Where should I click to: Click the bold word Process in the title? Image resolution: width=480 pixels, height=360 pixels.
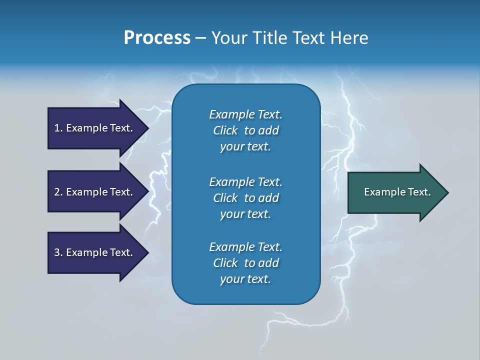[x=157, y=38]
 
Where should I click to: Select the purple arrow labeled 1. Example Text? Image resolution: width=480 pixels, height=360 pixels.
[x=95, y=128]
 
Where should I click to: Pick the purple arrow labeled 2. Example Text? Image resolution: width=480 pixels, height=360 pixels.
[x=95, y=192]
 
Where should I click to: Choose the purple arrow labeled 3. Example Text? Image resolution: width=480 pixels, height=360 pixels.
[x=95, y=252]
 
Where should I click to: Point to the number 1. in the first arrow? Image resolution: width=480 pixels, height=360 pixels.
[x=58, y=128]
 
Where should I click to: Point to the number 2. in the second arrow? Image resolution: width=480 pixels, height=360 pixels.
[x=58, y=192]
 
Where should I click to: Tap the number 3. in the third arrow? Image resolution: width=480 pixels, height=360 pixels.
[x=58, y=252]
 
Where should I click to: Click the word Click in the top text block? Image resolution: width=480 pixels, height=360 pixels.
[x=225, y=130]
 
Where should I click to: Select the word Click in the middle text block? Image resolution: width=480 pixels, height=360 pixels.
[x=225, y=198]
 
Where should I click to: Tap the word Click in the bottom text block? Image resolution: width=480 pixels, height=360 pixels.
[x=225, y=263]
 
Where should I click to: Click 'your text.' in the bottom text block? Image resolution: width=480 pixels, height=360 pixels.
[x=245, y=279]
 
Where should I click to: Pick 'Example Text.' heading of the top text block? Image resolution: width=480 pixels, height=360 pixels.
[x=245, y=114]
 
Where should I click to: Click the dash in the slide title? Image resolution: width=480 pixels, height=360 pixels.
[x=200, y=38]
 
